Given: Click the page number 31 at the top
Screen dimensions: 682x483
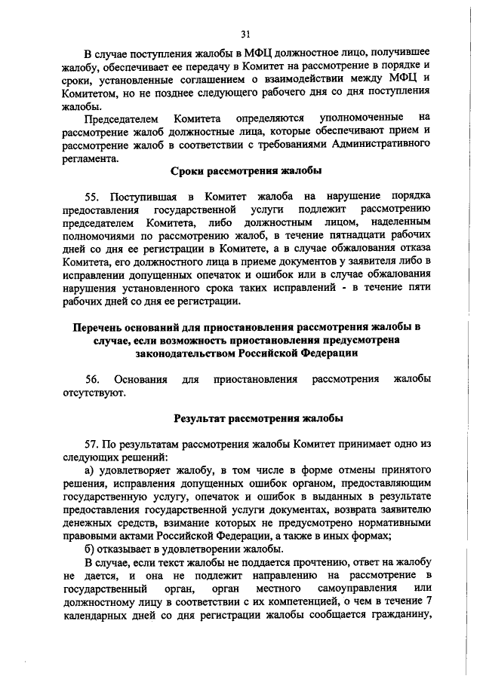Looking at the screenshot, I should [x=245, y=33].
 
